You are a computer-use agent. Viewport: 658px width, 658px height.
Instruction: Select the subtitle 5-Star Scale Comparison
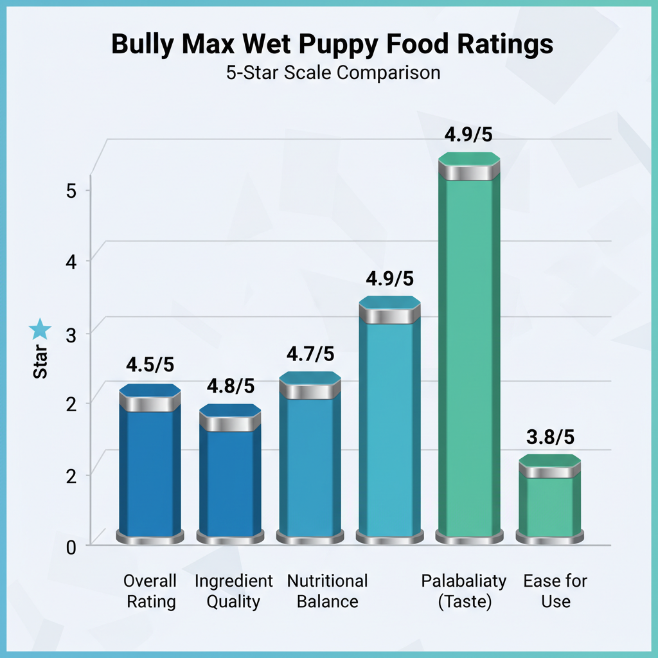coord(333,73)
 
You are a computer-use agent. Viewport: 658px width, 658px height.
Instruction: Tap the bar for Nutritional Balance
coord(310,463)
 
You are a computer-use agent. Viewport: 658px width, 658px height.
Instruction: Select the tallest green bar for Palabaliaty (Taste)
coord(469,353)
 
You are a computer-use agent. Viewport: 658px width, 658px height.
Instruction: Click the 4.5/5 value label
coord(150,364)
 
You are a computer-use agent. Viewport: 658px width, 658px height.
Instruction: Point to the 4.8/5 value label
coord(230,386)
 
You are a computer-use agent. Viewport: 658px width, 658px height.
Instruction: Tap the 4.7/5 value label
coord(310,353)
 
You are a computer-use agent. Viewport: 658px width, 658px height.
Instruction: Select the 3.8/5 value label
coord(550,437)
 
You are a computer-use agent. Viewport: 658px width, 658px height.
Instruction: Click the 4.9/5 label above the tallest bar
coord(469,136)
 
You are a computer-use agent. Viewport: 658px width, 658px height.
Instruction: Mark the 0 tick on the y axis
coord(71,547)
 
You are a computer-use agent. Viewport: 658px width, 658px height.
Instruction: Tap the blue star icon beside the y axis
coord(40,330)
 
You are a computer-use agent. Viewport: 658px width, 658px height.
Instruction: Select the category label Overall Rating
coord(150,592)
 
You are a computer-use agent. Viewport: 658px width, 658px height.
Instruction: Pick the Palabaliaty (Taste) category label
coord(463,592)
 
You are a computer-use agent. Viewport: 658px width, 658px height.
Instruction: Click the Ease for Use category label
coord(555,592)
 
